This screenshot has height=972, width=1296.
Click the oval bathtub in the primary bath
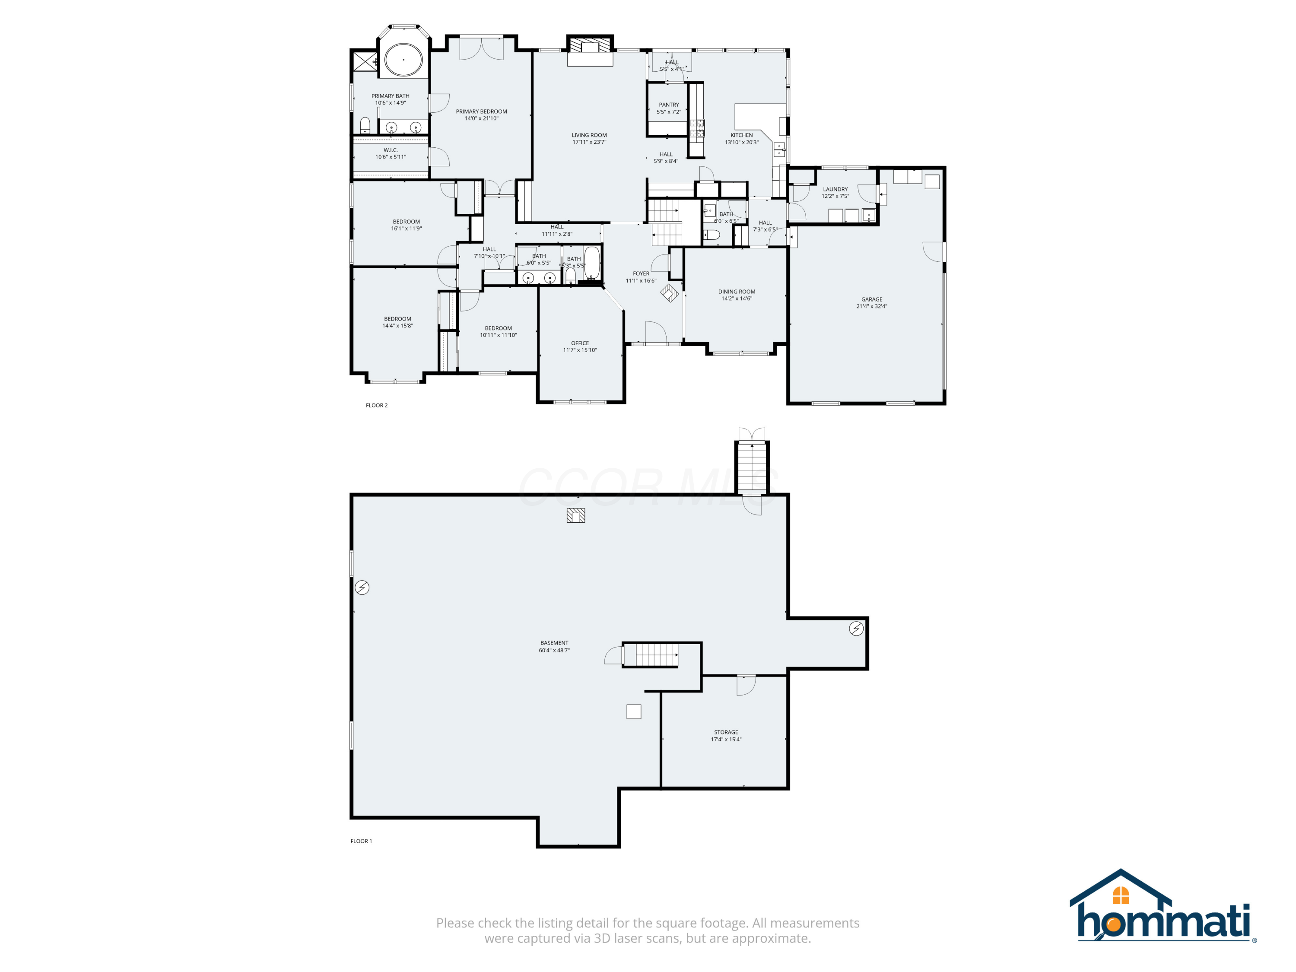[x=403, y=60]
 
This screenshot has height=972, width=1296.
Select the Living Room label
[x=589, y=135]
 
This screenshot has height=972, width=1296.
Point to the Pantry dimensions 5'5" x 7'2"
[x=668, y=112]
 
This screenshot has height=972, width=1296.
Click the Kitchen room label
[x=741, y=135]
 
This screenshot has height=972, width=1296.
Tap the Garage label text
[x=871, y=299]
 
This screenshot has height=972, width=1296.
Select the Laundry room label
[x=835, y=189]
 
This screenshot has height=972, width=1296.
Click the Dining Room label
[x=737, y=292]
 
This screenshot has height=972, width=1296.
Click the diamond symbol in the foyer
[x=669, y=292]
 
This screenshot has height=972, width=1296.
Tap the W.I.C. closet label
[x=390, y=150]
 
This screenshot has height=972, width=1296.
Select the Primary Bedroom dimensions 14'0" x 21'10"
[x=481, y=118]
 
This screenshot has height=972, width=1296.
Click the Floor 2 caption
[x=377, y=406]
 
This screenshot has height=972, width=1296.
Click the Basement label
[x=554, y=643]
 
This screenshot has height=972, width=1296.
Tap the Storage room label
[x=726, y=732]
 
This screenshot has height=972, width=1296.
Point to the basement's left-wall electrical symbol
[x=362, y=587]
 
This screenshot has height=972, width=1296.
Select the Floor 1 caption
[x=361, y=842]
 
